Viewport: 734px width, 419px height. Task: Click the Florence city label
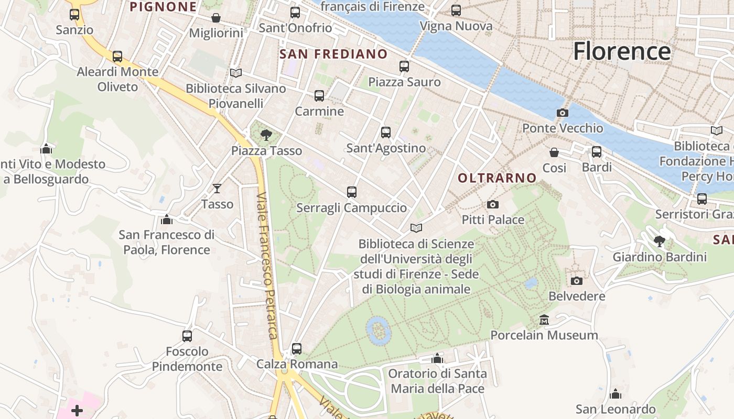[621, 51]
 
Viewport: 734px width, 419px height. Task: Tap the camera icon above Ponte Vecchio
[562, 113]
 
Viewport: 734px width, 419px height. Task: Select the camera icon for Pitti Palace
[493, 204]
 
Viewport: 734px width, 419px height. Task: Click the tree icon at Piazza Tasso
[266, 135]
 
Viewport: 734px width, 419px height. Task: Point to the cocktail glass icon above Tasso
[217, 188]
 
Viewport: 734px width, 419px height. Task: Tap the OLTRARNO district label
[497, 178]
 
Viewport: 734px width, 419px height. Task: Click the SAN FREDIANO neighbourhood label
[333, 54]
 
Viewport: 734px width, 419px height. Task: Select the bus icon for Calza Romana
[297, 348]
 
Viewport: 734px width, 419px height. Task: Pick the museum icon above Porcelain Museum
[544, 319]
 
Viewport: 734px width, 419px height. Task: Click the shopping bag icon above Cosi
[554, 152]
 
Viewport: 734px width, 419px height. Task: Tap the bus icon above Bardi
[597, 152]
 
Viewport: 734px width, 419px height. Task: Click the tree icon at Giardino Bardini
[660, 241]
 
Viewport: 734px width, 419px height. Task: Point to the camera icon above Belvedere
[577, 281]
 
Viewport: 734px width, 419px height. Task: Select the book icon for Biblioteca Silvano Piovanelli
[236, 73]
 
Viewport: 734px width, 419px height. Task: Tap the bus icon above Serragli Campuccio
[352, 192]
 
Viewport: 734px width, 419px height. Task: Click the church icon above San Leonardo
[616, 394]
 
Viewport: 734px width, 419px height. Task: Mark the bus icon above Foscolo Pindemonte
[187, 336]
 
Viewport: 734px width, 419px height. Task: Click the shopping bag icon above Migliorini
[216, 18]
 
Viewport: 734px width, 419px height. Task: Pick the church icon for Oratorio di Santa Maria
[437, 358]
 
